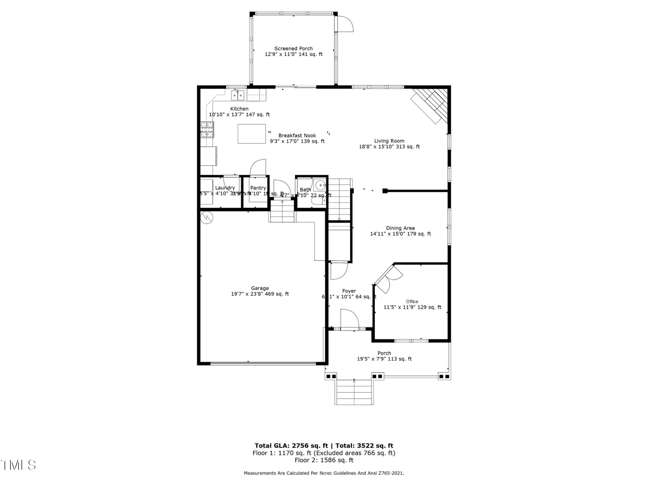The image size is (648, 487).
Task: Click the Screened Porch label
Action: pos(293,48)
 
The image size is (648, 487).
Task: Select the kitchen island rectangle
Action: pos(252,134)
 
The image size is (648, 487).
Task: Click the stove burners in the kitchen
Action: pos(207,130)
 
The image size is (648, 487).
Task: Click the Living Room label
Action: pos(389,141)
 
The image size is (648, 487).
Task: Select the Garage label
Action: pos(260,288)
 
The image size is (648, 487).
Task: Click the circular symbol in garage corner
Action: pos(207,218)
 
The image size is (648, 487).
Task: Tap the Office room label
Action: pos(412,302)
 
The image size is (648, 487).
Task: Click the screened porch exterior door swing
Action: pos(345,24)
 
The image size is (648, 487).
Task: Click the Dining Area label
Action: pos(400,228)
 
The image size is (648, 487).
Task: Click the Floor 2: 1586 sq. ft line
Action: pos(324,460)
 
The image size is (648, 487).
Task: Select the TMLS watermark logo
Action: pos(18,465)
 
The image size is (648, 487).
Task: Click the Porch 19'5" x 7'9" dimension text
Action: pos(384,359)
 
